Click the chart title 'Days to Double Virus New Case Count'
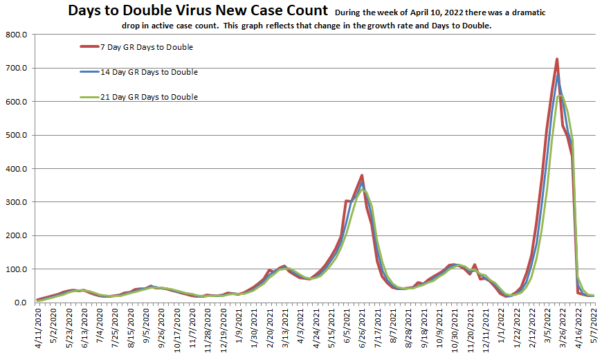coord(199,10)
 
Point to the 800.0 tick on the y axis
coord(16,35)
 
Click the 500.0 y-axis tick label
coord(16,135)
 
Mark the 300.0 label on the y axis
coord(16,202)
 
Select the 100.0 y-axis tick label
coord(16,269)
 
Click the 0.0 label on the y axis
coord(20,303)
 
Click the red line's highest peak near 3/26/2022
coord(557,60)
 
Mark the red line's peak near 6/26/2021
coord(362,176)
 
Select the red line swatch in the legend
coord(88,47)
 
